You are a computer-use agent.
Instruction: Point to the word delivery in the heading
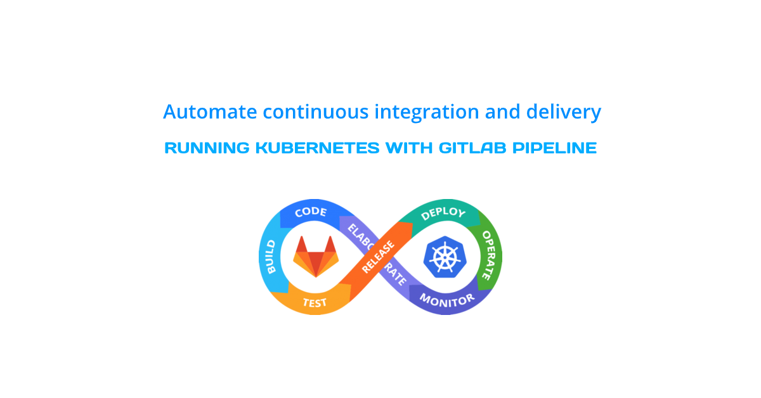(563, 112)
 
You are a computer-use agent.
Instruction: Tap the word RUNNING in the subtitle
(207, 148)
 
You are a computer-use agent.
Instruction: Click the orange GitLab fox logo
(316, 255)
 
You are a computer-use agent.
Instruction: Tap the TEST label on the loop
(315, 302)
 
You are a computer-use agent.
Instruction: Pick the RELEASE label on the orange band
(377, 257)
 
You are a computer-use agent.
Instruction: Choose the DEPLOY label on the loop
(443, 214)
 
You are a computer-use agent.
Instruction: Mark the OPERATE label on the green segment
(487, 255)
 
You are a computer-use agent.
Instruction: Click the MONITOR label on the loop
(446, 299)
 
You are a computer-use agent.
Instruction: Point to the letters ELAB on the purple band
(356, 233)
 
